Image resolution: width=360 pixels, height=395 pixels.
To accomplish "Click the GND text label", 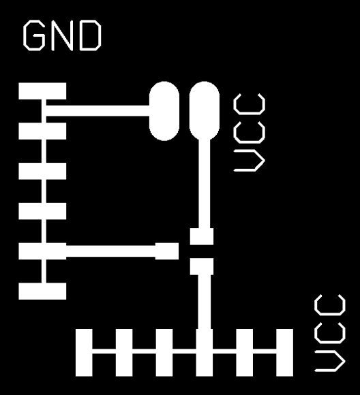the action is click(62, 35).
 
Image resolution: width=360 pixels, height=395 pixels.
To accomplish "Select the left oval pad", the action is click(164, 111).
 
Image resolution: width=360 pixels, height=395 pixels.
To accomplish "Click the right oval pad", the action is click(205, 111).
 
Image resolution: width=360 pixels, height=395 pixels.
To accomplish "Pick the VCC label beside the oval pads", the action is click(250, 133).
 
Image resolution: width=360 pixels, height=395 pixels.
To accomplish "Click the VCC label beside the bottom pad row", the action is click(330, 333).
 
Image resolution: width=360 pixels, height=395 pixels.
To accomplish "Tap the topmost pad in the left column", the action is click(42, 91).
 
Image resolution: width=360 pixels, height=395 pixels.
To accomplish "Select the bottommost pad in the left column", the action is click(42, 291).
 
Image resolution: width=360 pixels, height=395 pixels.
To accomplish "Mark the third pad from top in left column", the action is click(42, 171).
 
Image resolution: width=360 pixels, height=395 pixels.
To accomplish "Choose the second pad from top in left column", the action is click(42, 131).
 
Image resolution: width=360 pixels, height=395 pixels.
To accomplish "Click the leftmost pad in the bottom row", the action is click(84, 352).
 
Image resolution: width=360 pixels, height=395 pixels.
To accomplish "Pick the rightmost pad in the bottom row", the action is click(284, 352).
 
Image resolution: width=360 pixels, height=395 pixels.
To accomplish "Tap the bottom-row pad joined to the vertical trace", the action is click(205, 352).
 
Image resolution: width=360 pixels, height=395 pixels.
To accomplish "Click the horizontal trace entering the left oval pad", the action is click(97, 111).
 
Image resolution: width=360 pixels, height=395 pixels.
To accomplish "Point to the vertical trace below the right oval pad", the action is click(205, 184).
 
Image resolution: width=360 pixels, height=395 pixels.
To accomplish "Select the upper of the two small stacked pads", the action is click(202, 236).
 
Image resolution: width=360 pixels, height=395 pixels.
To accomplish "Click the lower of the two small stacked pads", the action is click(202, 266).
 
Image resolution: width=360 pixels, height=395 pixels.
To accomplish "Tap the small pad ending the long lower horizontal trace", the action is click(167, 251).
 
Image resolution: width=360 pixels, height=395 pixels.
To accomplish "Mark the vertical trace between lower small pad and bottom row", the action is click(205, 302).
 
